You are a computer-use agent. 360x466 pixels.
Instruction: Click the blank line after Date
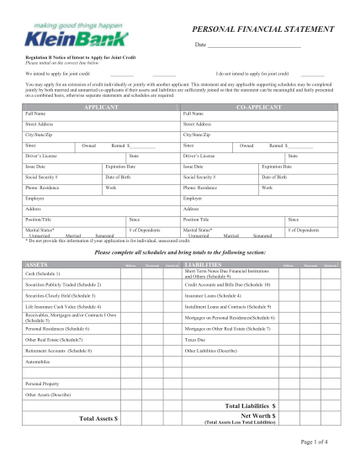[253, 45]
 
